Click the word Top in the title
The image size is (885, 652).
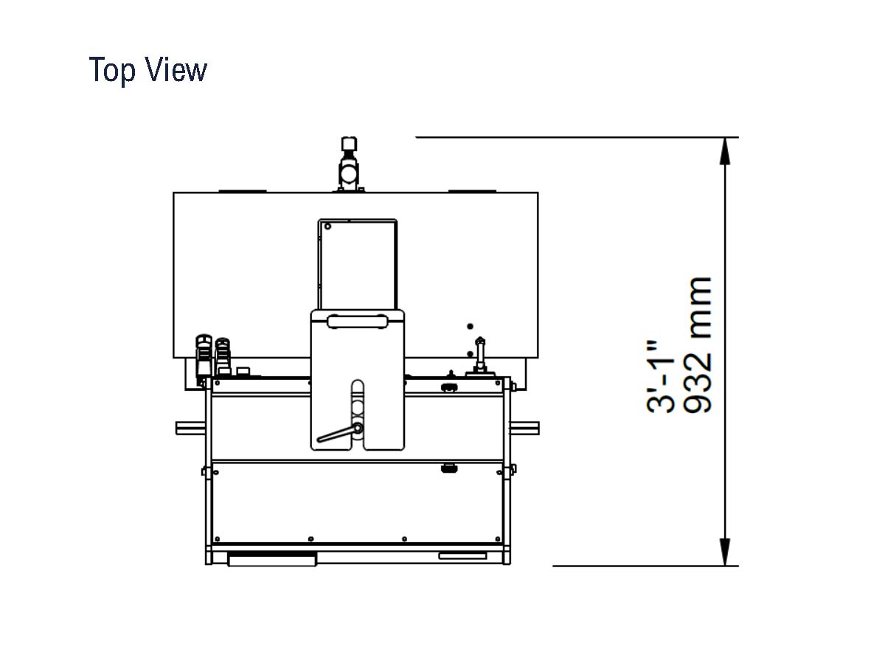click(112, 70)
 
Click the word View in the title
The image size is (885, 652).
click(176, 69)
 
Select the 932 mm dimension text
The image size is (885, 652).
click(698, 345)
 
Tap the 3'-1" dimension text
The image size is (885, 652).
click(660, 377)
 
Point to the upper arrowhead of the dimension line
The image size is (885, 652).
click(724, 151)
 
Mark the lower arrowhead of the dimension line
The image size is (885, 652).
click(724, 552)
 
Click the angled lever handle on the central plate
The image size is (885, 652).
click(340, 433)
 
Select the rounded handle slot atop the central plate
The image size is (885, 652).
click(357, 322)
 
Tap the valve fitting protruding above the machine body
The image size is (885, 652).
click(350, 164)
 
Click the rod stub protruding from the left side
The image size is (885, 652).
click(190, 429)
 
